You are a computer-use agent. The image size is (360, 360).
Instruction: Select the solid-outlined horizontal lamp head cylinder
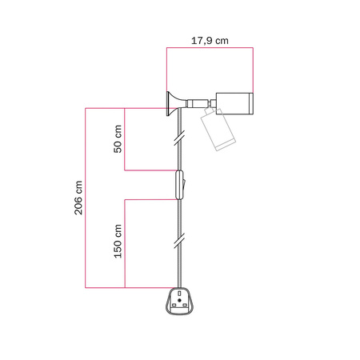coord(234,102)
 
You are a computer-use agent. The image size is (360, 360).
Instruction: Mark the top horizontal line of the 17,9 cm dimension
coord(210,48)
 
